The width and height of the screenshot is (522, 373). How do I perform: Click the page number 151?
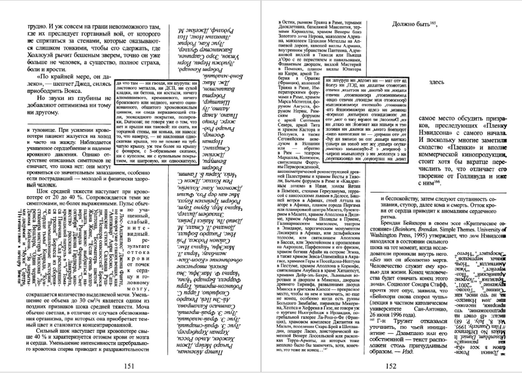pyautogui.click(x=130, y=365)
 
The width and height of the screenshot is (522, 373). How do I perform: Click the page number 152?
pyautogui.click(x=391, y=365)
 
